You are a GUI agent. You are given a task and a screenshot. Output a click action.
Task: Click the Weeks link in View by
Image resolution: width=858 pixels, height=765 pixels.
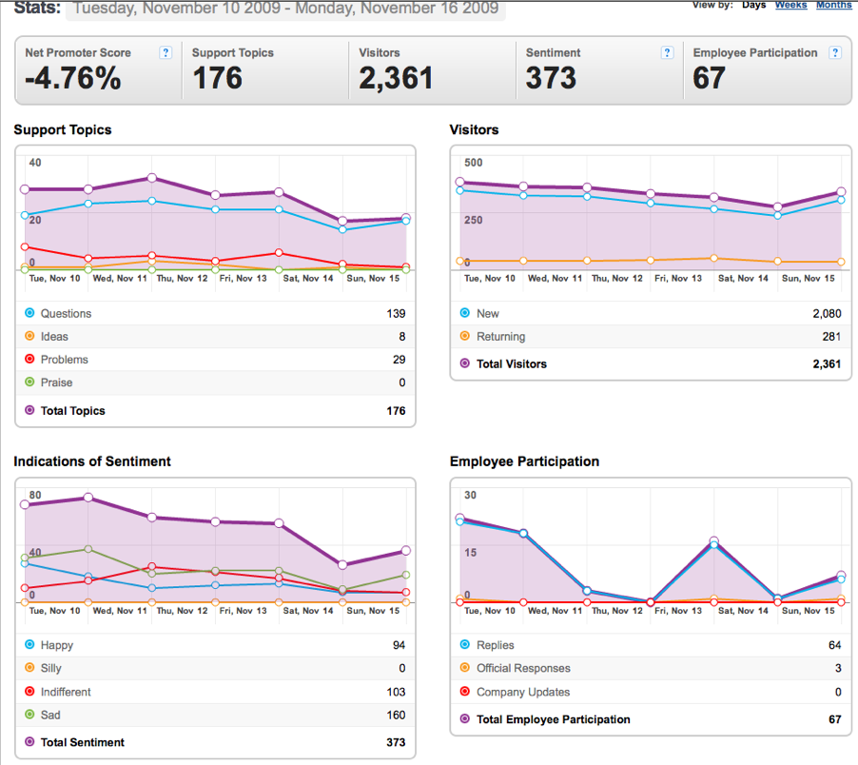coord(790,5)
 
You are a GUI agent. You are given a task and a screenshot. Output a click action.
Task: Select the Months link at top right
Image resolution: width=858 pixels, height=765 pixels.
coord(834,5)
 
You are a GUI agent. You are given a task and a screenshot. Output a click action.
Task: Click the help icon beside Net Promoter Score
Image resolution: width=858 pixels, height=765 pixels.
coord(166,52)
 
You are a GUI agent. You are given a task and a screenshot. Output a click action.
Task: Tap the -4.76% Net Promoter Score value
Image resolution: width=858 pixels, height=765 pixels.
coord(73,78)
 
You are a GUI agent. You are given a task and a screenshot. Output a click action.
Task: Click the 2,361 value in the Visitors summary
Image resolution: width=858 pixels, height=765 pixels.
coord(396,78)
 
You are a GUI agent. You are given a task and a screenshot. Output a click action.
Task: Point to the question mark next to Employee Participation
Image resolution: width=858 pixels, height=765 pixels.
coord(835,52)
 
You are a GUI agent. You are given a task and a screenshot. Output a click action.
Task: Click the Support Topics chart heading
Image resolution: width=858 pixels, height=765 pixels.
coord(63,129)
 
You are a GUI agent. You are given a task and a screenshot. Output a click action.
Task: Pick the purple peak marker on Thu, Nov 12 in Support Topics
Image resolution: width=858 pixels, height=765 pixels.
coord(152,178)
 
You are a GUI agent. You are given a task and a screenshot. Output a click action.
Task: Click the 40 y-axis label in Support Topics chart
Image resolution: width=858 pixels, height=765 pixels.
coord(35,163)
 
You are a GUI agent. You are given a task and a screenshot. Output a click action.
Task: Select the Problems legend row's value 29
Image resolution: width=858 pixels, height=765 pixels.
coord(399,360)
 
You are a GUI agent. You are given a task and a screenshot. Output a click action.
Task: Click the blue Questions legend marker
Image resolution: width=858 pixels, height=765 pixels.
coord(29,313)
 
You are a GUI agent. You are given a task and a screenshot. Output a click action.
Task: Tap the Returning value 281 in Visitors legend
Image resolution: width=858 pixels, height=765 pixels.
coord(831,337)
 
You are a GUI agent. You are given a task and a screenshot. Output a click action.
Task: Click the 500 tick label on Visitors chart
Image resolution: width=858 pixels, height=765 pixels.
coord(474,163)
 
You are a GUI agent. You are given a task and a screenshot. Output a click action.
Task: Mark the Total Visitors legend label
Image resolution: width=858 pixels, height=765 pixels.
coord(512,363)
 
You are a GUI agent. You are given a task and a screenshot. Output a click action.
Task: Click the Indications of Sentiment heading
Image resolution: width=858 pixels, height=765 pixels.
coord(92,461)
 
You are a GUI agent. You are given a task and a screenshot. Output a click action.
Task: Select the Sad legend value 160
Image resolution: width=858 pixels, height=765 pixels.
coord(396,716)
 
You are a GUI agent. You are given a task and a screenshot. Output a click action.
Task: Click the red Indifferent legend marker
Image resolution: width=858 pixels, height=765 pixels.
coord(29,691)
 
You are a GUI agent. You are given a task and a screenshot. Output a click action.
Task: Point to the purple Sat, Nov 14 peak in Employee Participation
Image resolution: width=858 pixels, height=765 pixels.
coord(714,540)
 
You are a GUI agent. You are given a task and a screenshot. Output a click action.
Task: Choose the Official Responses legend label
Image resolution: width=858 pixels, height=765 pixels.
coord(523,668)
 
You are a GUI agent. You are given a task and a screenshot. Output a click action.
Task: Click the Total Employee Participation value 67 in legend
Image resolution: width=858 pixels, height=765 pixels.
coord(834,719)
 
